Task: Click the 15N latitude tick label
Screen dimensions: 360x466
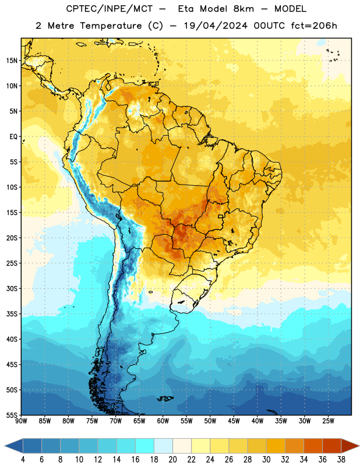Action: pyautogui.click(x=12, y=61)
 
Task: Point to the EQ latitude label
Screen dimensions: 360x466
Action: pyautogui.click(x=13, y=137)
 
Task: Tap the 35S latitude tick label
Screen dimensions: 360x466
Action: pyautogui.click(x=12, y=314)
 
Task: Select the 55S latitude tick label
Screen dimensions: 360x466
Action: pyautogui.click(x=12, y=415)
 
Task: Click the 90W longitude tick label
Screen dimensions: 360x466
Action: pyautogui.click(x=21, y=421)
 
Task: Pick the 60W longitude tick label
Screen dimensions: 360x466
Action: pyautogui.click(x=163, y=421)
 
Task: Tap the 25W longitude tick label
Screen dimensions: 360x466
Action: pyautogui.click(x=328, y=421)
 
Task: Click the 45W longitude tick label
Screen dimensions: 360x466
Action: pyautogui.click(x=234, y=421)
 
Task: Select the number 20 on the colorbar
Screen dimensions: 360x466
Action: pyautogui.click(x=172, y=460)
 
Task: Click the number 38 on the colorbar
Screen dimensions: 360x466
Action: pyautogui.click(x=341, y=460)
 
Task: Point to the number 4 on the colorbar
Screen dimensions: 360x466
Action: pyautogui.click(x=23, y=460)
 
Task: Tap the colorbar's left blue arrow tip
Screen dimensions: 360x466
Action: pyautogui.click(x=5, y=446)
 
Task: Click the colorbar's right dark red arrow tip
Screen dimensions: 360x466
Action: pyautogui.click(x=359, y=446)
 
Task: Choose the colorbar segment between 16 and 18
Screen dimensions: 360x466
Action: pyautogui.click(x=144, y=446)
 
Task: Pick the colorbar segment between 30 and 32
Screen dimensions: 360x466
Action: pyautogui.click(x=276, y=446)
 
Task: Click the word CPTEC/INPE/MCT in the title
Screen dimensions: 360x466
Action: pyautogui.click(x=109, y=9)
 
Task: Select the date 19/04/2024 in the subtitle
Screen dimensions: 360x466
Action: pyautogui.click(x=216, y=26)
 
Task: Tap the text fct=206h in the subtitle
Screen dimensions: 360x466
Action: pyautogui.click(x=314, y=26)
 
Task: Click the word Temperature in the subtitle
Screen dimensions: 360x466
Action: pyautogui.click(x=111, y=26)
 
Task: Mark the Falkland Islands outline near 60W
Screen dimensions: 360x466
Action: pyautogui.click(x=165, y=398)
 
